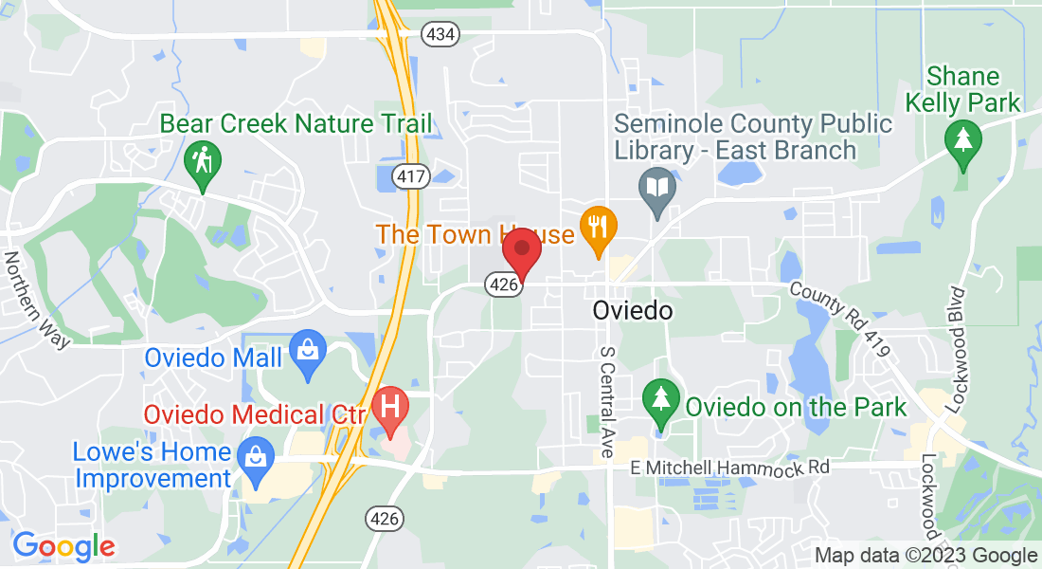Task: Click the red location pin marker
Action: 521,249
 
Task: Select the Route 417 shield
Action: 414,176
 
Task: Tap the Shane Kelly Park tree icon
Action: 963,140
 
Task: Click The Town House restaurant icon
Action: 599,226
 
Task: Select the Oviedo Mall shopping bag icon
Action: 307,348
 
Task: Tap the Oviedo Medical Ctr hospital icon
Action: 389,406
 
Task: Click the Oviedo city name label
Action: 633,311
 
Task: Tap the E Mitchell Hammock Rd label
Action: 730,468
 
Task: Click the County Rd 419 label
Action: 840,319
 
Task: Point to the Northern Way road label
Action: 37,300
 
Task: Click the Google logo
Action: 63,546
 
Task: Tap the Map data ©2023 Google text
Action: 925,556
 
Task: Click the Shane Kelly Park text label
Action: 963,89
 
